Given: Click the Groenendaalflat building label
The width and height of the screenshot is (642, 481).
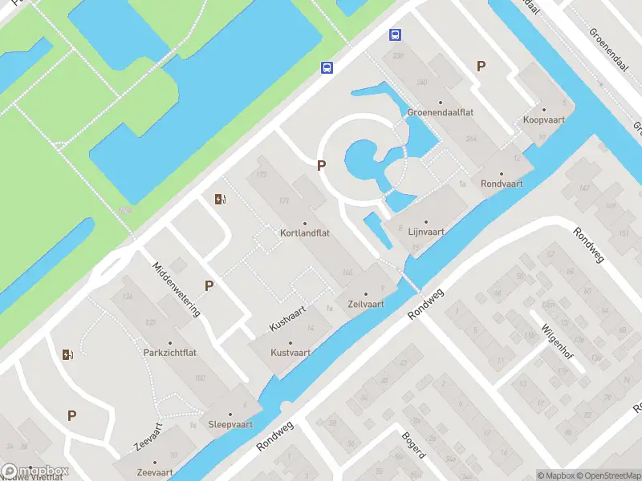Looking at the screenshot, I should [440, 112].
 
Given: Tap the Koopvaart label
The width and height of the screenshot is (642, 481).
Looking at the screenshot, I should [543, 119].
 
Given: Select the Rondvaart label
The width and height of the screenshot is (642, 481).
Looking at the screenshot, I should [502, 183].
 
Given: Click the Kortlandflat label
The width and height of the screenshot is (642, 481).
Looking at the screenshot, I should [305, 233].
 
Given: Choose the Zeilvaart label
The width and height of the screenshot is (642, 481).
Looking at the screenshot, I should [365, 304].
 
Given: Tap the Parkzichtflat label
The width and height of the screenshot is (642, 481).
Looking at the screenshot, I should [170, 352].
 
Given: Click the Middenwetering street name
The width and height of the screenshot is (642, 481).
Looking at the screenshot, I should [177, 289].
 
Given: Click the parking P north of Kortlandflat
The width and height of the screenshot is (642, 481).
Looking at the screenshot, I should [322, 166].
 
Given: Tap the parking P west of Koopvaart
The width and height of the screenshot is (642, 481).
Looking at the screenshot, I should [481, 67].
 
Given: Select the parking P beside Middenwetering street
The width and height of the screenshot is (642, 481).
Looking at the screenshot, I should [209, 285].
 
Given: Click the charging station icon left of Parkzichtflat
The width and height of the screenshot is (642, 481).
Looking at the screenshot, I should [67, 354].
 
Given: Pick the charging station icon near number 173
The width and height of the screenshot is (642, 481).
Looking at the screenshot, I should [220, 199].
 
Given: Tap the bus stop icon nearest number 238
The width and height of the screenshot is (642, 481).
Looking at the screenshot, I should [395, 34].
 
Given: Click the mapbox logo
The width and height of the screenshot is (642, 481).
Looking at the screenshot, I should [35, 471].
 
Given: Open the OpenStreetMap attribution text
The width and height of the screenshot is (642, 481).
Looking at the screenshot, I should [607, 475].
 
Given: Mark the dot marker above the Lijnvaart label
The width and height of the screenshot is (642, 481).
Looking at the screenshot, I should [426, 221].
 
